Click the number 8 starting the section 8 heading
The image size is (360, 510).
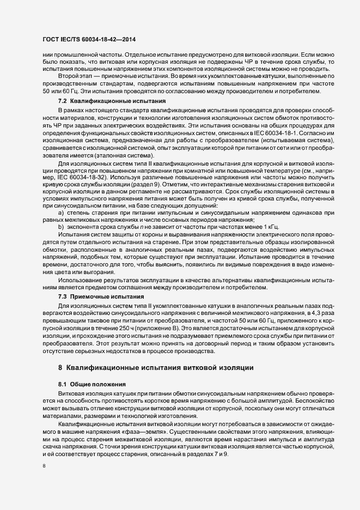point(61,368)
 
